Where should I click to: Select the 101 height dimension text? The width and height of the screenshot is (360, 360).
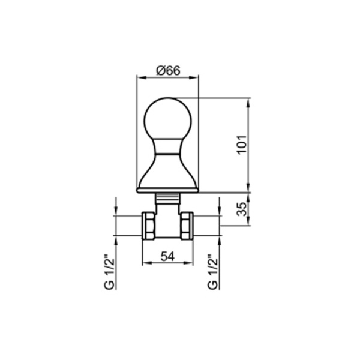coord(242,145)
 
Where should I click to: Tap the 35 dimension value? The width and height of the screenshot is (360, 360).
coord(242,209)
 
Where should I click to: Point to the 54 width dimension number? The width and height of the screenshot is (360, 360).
coord(167,256)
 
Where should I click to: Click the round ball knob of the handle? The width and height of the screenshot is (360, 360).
coord(167,119)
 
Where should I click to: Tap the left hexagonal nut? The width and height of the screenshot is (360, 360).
coord(149,226)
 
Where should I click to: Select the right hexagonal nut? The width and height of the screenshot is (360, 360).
coord(187,226)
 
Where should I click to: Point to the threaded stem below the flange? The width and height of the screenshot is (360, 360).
coord(167,197)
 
